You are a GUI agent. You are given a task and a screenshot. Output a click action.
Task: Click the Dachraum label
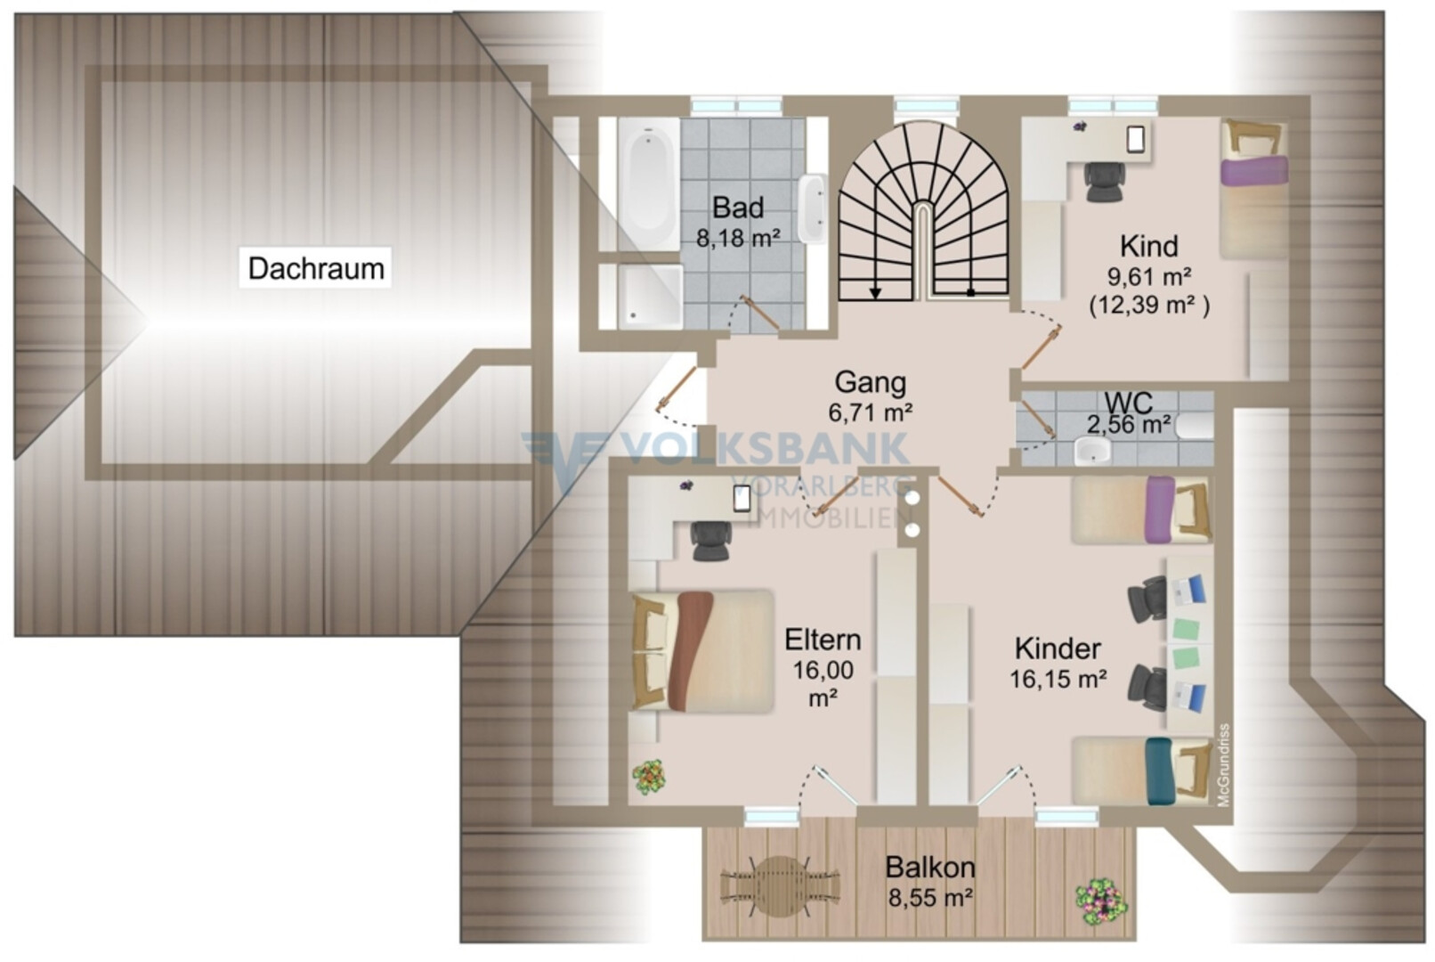pos(316,268)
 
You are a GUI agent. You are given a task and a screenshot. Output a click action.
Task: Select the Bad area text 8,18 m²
pos(738,239)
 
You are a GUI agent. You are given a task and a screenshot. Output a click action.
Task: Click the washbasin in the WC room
pos(1092,451)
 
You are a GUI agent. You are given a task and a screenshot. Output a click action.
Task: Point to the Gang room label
pos(870,382)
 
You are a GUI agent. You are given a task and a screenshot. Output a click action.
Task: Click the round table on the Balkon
pos(779,886)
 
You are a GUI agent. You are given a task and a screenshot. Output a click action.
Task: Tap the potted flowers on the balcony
pos(1101,902)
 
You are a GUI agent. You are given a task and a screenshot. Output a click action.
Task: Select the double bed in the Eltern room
pos(702,651)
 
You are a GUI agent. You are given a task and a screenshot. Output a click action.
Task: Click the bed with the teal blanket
pos(1141,771)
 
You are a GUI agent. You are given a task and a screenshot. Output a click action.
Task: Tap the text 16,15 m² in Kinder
pos(1058,679)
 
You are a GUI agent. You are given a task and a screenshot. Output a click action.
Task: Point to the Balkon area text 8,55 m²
pos(930,897)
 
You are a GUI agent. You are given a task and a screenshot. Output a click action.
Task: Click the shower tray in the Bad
pos(650,297)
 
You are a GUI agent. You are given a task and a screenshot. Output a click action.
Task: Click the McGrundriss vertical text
pos(1224,764)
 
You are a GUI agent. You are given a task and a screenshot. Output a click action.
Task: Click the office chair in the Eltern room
pos(710,541)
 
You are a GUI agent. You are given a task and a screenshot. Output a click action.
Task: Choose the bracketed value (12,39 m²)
pos(1149,305)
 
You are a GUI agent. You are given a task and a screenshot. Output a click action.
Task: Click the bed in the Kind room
pos(1253,189)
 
